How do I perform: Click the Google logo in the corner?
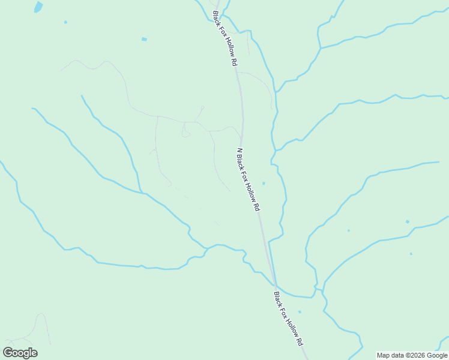click(x=20, y=353)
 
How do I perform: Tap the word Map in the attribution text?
click(x=384, y=355)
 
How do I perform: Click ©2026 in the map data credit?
click(x=417, y=355)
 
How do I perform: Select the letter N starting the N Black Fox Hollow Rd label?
click(x=240, y=151)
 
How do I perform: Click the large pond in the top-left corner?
click(x=38, y=7)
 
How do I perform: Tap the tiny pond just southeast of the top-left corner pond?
click(x=65, y=22)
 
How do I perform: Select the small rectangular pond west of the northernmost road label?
click(x=144, y=40)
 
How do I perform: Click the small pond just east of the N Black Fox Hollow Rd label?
click(x=264, y=183)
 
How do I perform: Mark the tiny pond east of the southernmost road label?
click(x=300, y=311)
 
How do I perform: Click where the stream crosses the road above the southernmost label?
click(x=275, y=284)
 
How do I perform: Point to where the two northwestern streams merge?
click(x=142, y=192)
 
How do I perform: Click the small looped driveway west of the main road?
click(x=185, y=133)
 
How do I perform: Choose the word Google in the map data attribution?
click(x=437, y=355)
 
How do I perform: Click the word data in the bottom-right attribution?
click(x=398, y=355)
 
